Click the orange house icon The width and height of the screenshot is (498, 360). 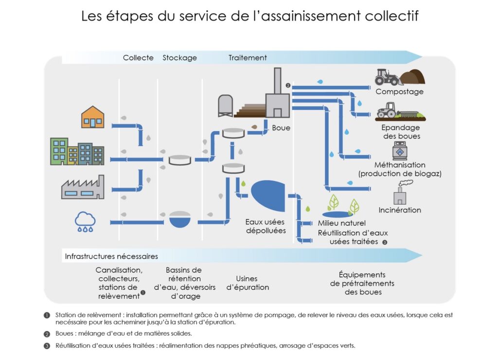[92, 117]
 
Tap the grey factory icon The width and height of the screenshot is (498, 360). [83, 188]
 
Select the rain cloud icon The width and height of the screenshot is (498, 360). [85, 221]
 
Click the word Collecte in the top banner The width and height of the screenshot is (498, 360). [138, 57]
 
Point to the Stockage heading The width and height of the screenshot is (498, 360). [179, 57]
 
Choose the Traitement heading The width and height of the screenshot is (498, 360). [248, 57]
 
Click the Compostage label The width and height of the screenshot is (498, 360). [399, 91]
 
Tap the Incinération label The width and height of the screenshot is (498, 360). [400, 210]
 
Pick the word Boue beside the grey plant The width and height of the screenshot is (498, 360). [281, 128]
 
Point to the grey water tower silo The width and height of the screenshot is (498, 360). [225, 105]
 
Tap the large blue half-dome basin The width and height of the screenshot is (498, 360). [268, 195]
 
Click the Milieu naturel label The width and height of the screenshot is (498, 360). [341, 223]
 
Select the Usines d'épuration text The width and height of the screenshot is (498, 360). [248, 283]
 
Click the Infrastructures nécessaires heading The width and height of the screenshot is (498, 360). [111, 256]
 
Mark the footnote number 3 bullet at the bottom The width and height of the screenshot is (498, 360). [47, 346]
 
